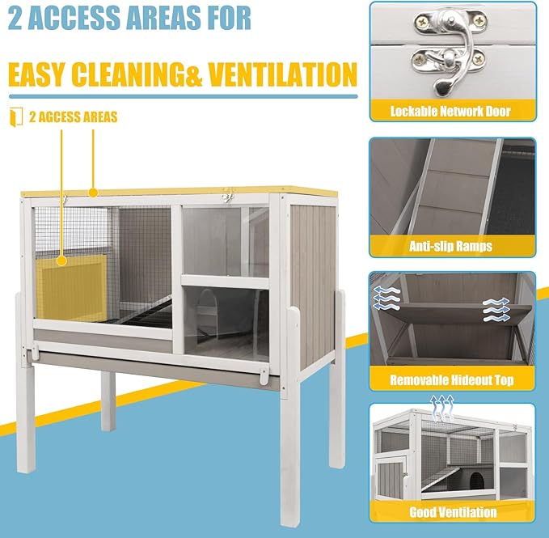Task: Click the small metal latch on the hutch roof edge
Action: click(x=229, y=195)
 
